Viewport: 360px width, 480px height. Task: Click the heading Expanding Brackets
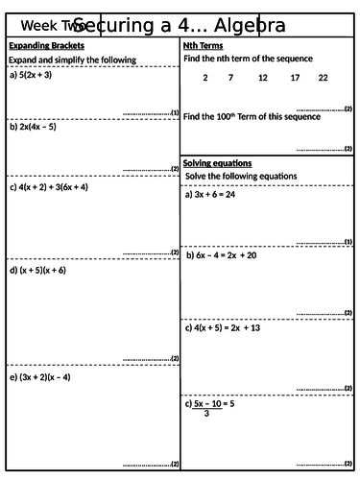(46, 46)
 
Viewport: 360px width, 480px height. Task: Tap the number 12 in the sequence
(263, 78)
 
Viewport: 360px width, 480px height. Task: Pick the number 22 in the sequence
(323, 78)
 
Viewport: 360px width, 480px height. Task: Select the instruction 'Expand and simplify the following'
(72, 60)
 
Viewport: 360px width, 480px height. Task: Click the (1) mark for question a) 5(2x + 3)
(174, 112)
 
